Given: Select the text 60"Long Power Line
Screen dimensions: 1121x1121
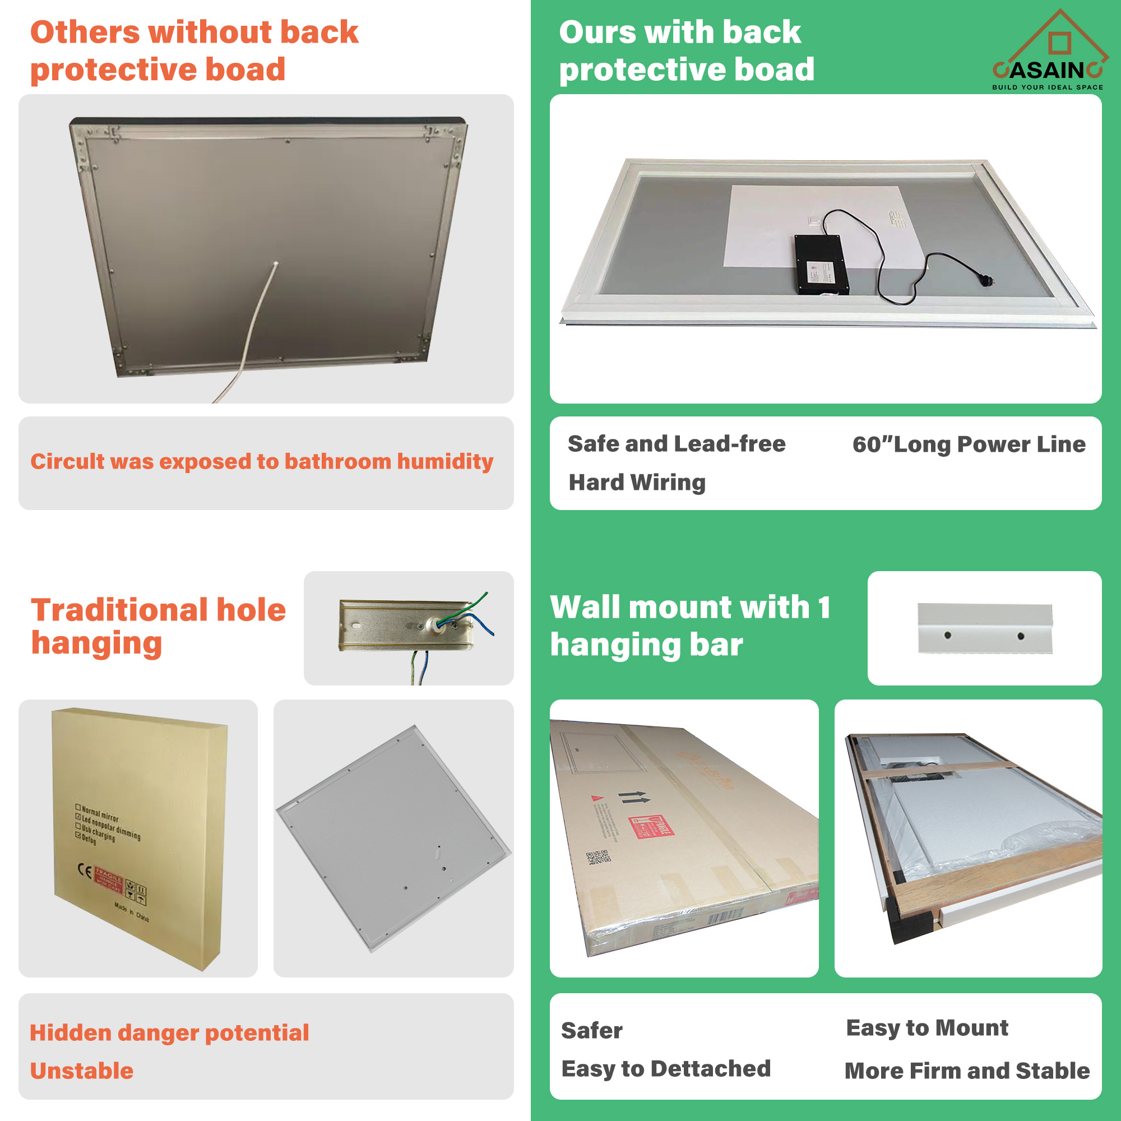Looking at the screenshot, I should tap(969, 444).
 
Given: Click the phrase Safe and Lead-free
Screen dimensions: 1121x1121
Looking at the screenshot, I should tap(677, 444).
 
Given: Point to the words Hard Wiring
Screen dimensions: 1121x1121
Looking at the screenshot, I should tap(637, 483).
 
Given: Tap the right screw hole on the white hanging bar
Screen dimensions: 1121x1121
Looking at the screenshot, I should tap(1021, 637).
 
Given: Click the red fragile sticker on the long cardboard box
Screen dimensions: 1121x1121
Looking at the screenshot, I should tap(651, 827).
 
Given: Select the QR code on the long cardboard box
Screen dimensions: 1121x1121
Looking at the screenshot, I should tap(597, 858).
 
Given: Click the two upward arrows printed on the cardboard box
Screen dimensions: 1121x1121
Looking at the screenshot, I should tap(633, 797).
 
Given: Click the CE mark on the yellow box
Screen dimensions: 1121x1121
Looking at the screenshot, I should tap(84, 870).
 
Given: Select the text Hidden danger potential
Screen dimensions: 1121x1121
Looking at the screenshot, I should tap(169, 1034).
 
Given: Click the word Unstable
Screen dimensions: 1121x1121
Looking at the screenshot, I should tap(82, 1071).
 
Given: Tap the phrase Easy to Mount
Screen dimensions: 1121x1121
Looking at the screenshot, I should tap(927, 1028).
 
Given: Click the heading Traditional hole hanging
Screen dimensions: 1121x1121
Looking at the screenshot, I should tap(158, 627).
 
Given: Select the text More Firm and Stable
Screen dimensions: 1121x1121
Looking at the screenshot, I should tap(967, 1071).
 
